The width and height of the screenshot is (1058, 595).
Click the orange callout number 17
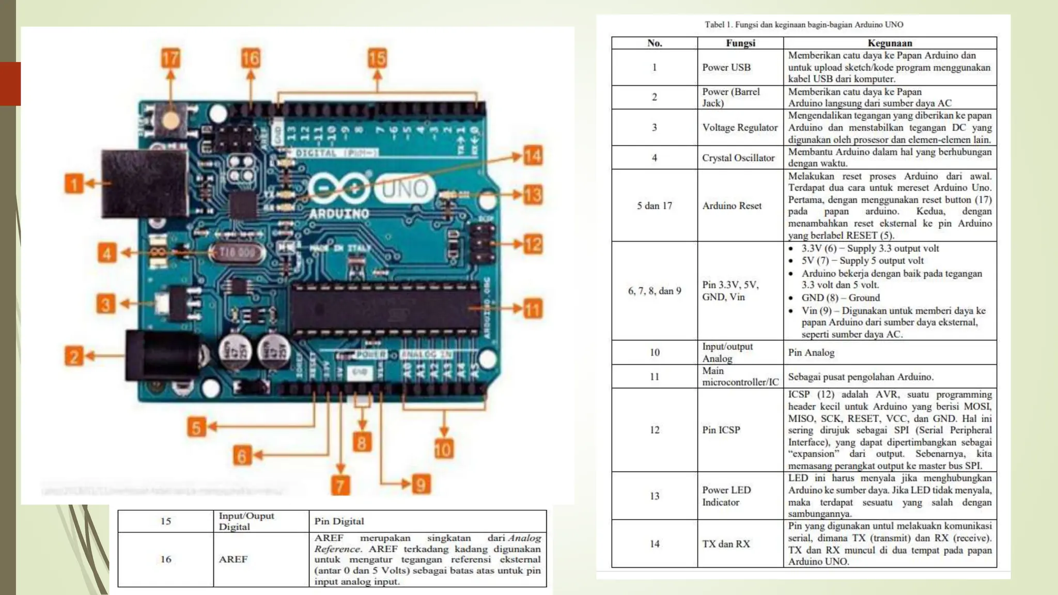170,58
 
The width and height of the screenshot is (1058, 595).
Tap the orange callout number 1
74,183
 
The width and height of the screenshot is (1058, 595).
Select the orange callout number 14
533,155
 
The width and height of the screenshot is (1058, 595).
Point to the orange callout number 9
421,484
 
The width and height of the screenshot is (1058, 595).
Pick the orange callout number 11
533,309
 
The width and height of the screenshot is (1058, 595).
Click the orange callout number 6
241,455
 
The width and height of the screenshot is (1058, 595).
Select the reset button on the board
170,120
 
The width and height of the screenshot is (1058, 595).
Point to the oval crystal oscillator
237,253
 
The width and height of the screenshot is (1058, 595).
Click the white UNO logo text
404,190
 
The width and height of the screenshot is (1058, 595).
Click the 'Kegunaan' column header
890,43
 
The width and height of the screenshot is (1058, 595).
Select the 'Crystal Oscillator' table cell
738,158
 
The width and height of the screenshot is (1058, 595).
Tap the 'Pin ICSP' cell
721,430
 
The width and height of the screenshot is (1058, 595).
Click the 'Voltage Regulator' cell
740,128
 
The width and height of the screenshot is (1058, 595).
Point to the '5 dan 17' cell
655,206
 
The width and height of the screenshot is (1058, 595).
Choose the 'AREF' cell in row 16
233,559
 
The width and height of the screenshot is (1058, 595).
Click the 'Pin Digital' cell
339,521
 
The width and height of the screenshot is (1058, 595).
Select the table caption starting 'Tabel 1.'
804,24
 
